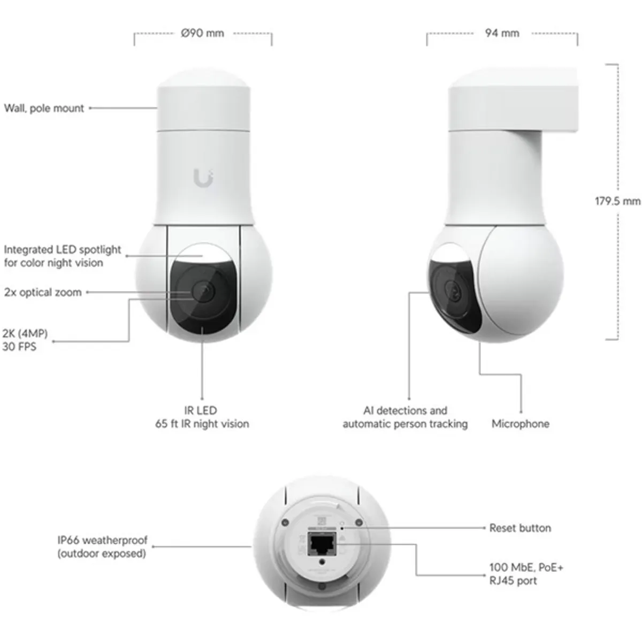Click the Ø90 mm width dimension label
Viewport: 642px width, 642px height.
(202, 33)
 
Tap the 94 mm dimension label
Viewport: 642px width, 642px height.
(502, 33)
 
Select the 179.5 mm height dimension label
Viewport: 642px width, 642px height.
(617, 201)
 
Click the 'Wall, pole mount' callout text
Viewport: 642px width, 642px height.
(44, 108)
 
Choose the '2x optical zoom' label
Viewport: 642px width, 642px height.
(43, 292)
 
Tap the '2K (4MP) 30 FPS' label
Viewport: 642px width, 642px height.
(25, 340)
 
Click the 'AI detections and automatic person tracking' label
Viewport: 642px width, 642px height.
(405, 417)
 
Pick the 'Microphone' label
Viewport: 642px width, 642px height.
(520, 424)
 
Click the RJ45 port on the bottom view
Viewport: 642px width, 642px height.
(321, 545)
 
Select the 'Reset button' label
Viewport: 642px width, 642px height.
(520, 528)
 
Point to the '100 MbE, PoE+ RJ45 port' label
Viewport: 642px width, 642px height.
(526, 574)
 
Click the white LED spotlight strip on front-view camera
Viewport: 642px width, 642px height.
(202, 255)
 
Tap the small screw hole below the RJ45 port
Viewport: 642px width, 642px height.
(321, 562)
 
